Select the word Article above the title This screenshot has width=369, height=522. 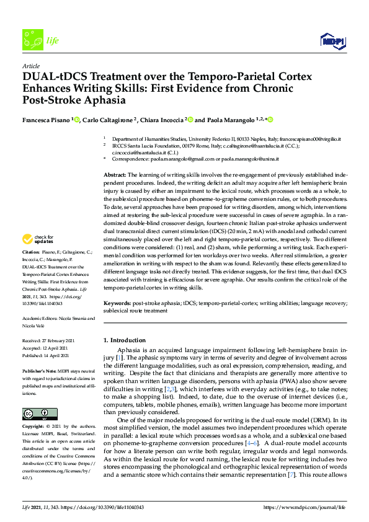click(30, 66)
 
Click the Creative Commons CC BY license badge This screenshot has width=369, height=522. click(40, 414)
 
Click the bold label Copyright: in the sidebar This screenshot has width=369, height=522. click(33, 427)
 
